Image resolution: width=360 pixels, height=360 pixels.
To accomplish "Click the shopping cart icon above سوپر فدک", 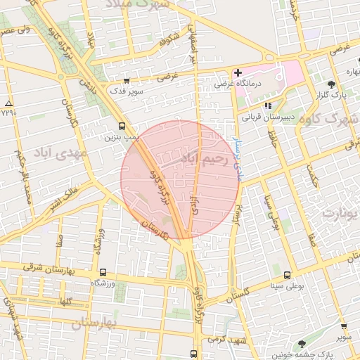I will (127, 82).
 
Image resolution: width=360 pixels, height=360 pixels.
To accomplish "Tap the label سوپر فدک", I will (126, 91).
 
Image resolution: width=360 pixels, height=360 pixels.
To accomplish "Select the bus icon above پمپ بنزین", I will (123, 127).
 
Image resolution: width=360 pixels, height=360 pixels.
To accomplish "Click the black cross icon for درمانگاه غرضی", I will (238, 73).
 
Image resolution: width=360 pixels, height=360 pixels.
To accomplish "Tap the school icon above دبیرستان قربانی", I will (267, 105).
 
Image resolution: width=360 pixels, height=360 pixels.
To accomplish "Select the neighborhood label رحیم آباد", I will (205, 159).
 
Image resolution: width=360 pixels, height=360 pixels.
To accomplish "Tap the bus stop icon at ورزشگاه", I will (103, 273).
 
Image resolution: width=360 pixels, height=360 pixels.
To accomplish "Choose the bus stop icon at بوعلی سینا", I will (287, 276).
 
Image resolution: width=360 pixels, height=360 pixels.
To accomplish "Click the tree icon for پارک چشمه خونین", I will (302, 345).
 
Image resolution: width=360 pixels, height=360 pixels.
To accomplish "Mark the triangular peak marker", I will (8, 103).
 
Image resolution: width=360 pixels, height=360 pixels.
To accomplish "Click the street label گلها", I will (67, 301).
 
